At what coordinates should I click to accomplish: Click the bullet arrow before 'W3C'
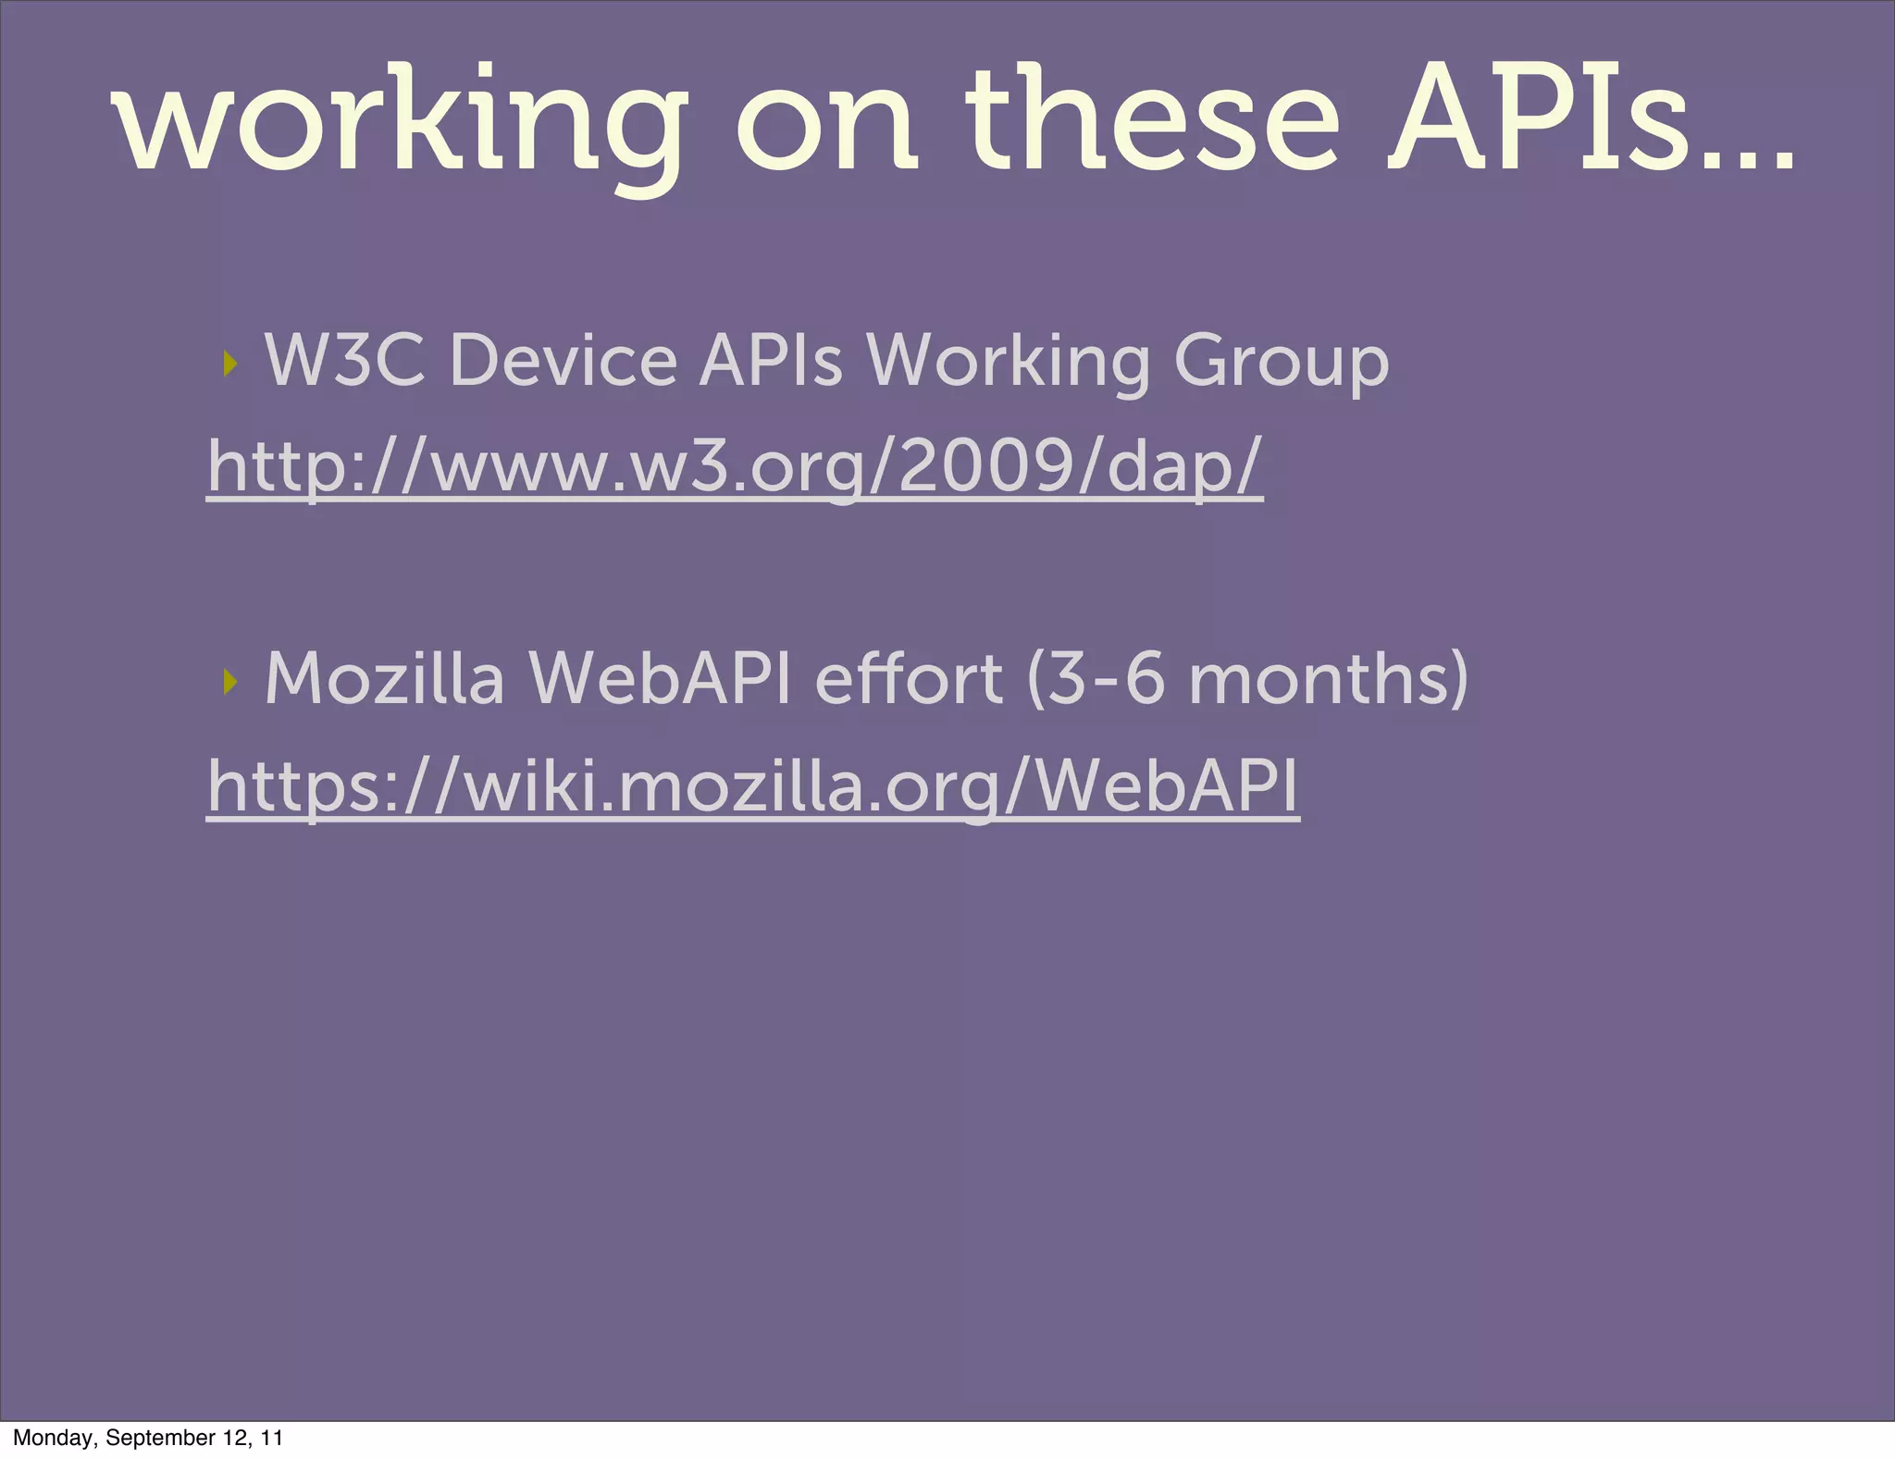pos(230,364)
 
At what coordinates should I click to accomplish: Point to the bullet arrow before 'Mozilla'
pos(230,683)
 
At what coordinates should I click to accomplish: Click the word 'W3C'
pos(345,360)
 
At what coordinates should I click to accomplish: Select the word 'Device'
pos(563,360)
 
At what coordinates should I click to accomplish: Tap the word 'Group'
pos(1281,362)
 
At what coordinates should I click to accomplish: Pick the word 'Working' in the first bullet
pos(1008,362)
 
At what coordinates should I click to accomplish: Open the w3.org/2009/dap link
pos(735,466)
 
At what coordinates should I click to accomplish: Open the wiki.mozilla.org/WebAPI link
pos(752,785)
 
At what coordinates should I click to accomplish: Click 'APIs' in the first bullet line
pos(771,360)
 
